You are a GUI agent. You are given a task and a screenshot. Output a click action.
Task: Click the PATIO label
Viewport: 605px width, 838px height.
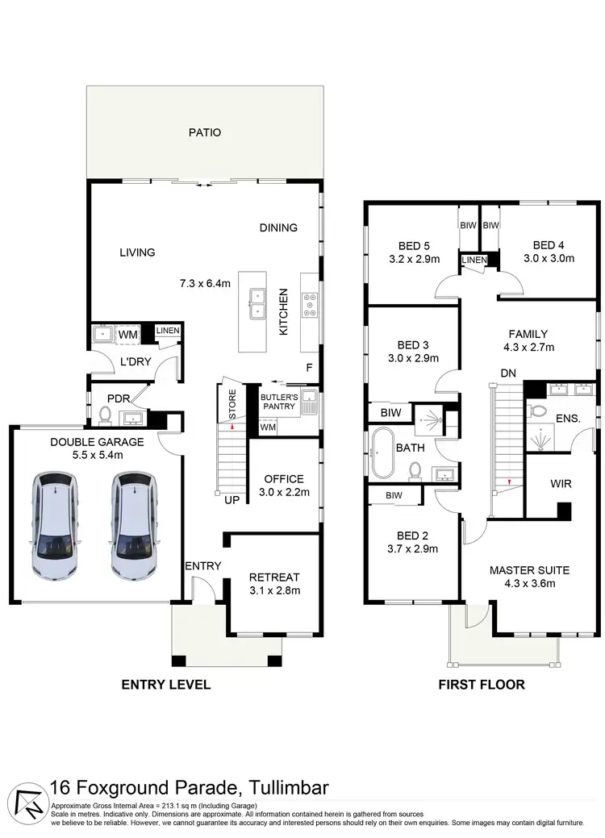(204, 132)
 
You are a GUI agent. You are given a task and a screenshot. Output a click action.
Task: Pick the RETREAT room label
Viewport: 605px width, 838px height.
(274, 577)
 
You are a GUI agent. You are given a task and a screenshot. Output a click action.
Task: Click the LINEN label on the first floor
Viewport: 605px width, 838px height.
(474, 261)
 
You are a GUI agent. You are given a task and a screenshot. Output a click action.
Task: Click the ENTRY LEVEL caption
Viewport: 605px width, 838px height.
(165, 685)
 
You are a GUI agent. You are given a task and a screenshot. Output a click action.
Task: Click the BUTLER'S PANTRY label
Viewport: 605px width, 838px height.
(277, 402)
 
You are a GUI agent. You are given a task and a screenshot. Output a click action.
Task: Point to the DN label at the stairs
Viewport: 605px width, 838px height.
(508, 373)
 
